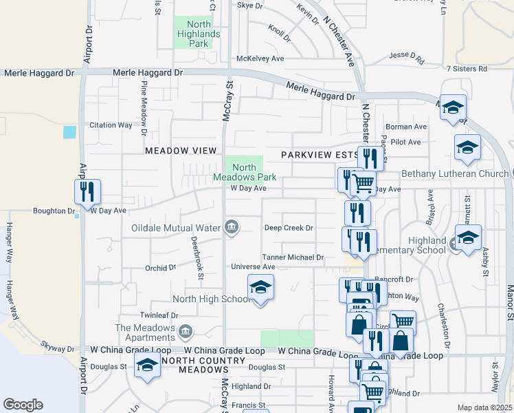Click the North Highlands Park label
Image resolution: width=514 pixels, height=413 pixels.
pyautogui.click(x=198, y=34)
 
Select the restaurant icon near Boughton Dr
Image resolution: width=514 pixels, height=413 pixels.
pyautogui.click(x=87, y=191)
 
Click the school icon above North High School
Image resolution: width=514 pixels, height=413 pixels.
pyautogui.click(x=260, y=286)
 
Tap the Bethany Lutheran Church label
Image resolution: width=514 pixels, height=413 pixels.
pyautogui.click(x=455, y=173)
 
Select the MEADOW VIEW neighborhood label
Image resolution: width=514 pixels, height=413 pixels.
pyautogui.click(x=181, y=151)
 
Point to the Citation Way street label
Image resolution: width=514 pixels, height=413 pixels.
pyautogui.click(x=111, y=125)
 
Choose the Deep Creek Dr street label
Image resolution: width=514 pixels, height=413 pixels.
pyautogui.click(x=289, y=228)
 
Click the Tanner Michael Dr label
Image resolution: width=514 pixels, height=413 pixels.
pyautogui.click(x=293, y=257)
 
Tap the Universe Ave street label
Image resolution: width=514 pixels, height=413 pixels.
pyautogui.click(x=253, y=267)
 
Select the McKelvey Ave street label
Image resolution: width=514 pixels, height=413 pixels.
pyautogui.click(x=260, y=59)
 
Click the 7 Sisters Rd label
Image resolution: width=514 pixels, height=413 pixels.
pyautogui.click(x=467, y=69)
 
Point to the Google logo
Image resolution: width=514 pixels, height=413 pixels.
pyautogui.click(x=23, y=405)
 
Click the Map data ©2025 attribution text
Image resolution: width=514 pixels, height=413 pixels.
pyautogui.click(x=484, y=407)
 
